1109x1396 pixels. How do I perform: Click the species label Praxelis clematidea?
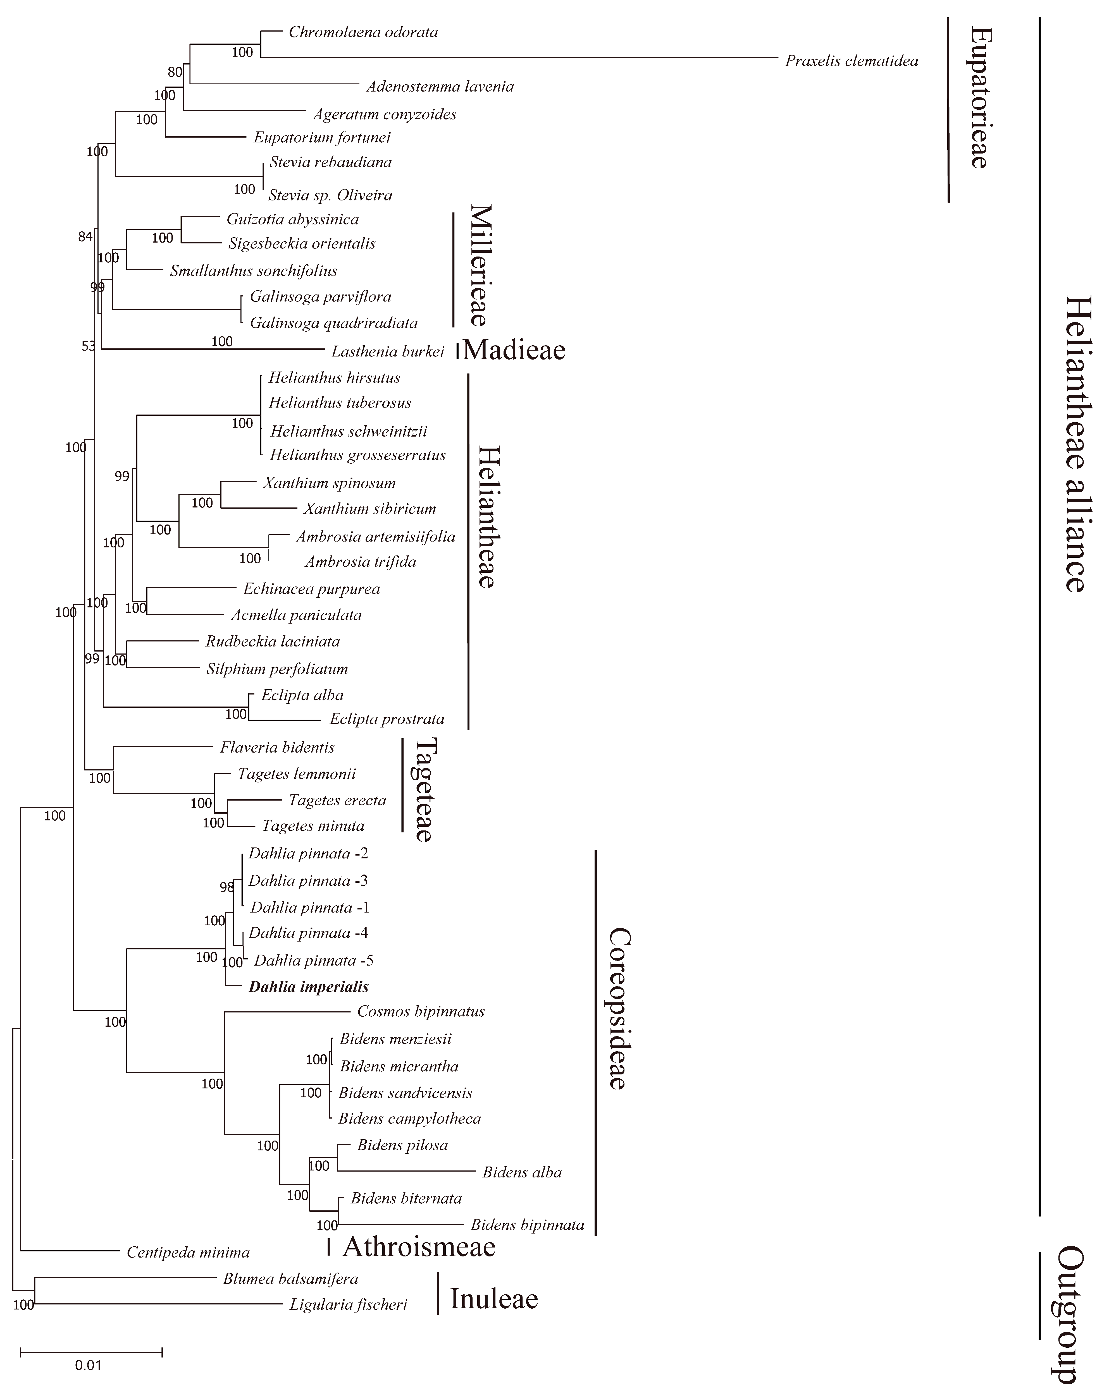pyautogui.click(x=851, y=61)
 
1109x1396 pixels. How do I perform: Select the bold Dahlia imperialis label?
pyautogui.click(x=308, y=987)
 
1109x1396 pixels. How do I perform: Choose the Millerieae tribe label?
pyautogui.click(x=481, y=265)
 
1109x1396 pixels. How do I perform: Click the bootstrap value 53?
pyautogui.click(x=88, y=346)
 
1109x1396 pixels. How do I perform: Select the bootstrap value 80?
pyautogui.click(x=175, y=72)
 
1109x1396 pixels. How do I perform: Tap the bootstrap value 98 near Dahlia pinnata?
pyautogui.click(x=226, y=887)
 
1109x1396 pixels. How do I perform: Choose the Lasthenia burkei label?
pyautogui.click(x=387, y=352)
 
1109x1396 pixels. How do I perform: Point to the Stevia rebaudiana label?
pyautogui.click(x=330, y=162)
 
